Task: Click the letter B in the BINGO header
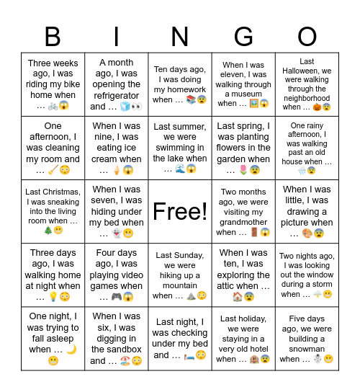pyautogui.click(x=53, y=37)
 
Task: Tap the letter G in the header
pyautogui.click(x=243, y=37)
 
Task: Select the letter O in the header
pyautogui.click(x=307, y=37)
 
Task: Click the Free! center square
pyautogui.click(x=180, y=211)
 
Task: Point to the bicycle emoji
pyautogui.click(x=52, y=106)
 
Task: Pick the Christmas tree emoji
pyautogui.click(x=48, y=231)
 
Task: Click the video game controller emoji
pyautogui.click(x=115, y=297)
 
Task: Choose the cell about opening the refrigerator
pyautogui.click(x=117, y=84)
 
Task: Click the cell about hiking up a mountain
pyautogui.click(x=180, y=275)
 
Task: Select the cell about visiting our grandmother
pyautogui.click(x=243, y=211)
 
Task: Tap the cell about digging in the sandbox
pyautogui.click(x=117, y=338)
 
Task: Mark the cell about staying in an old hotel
pyautogui.click(x=243, y=338)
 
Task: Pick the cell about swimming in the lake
pyautogui.click(x=180, y=148)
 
